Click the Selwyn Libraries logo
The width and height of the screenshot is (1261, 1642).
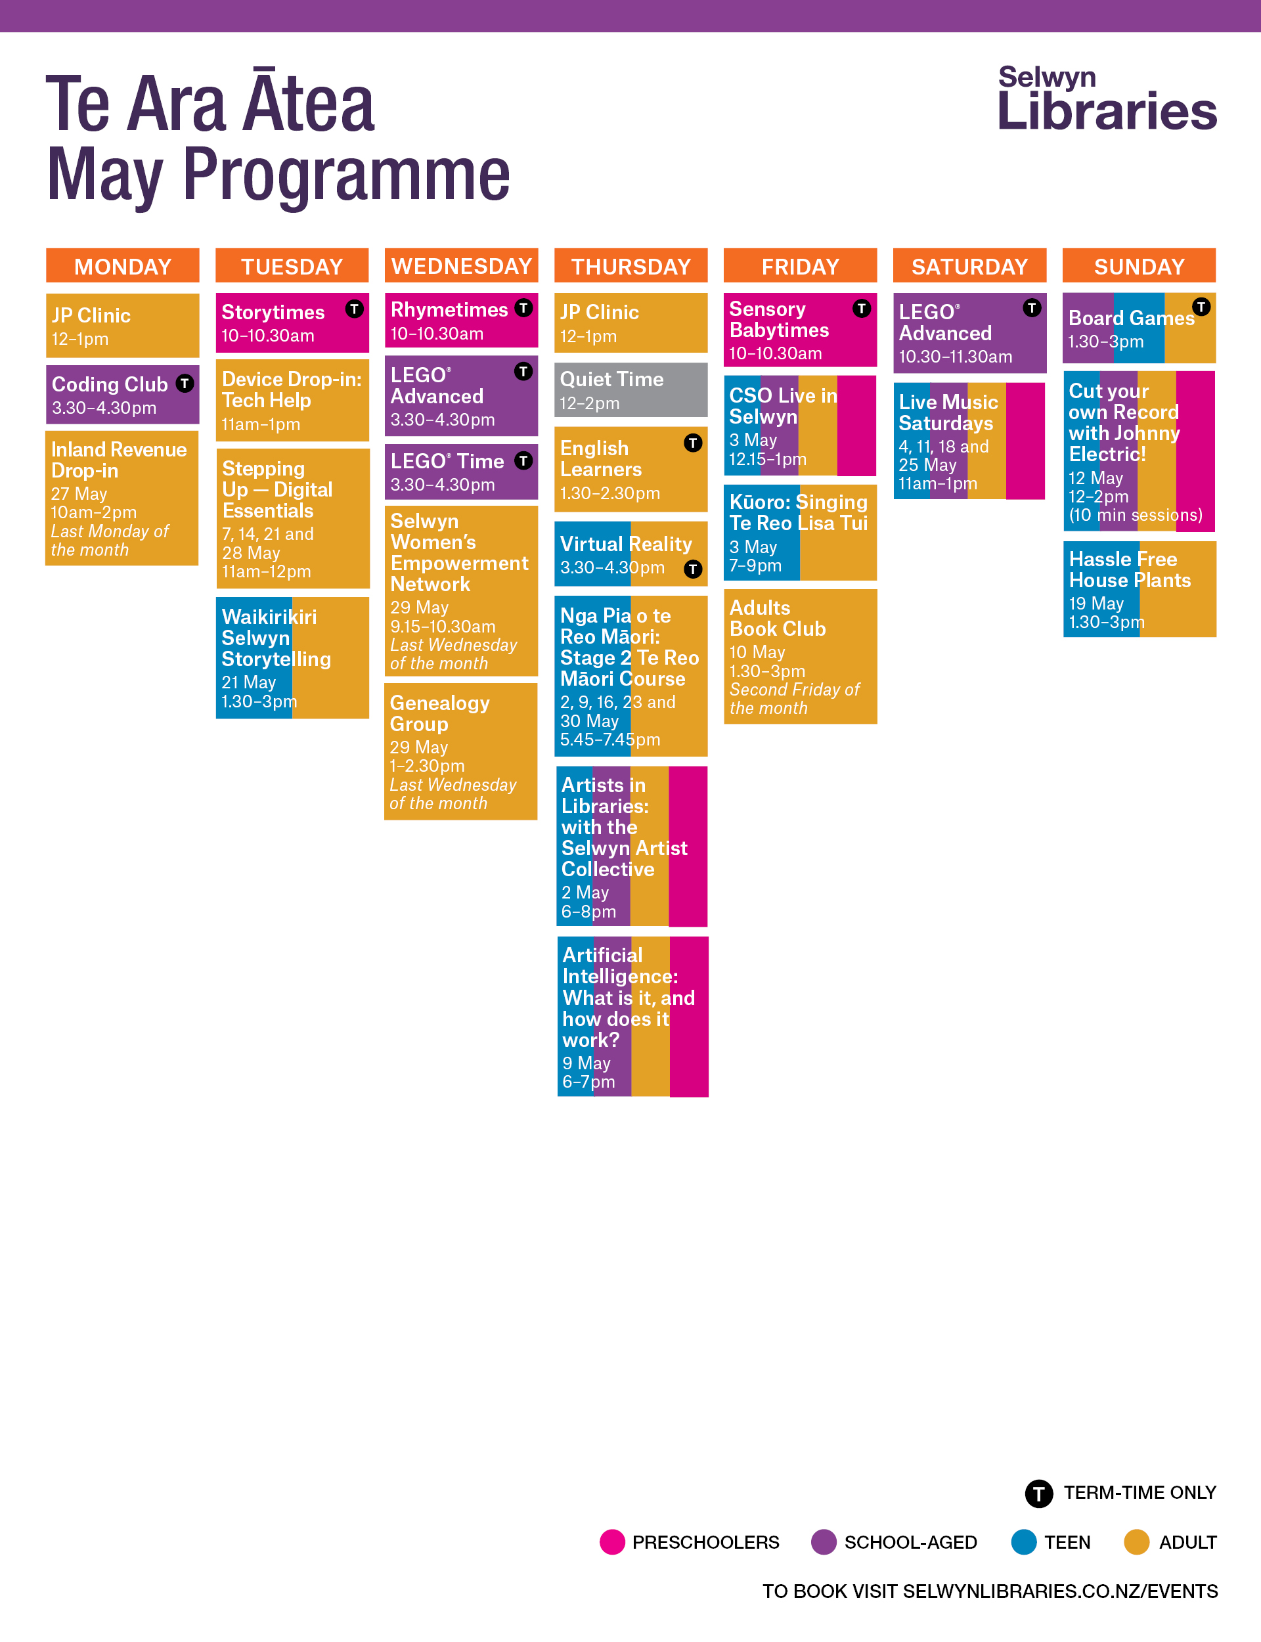[1107, 99]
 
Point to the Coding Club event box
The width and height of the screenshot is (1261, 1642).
[122, 395]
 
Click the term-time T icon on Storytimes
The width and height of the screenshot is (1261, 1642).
[354, 309]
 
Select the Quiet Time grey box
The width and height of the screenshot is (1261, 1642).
[630, 389]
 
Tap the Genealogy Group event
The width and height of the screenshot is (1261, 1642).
[460, 751]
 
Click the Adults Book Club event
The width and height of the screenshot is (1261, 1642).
[799, 656]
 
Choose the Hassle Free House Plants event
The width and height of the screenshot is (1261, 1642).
[1139, 589]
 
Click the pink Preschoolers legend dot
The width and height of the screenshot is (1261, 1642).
[611, 1542]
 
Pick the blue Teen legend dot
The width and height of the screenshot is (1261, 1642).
[1023, 1542]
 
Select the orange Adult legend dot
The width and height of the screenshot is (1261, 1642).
[1136, 1542]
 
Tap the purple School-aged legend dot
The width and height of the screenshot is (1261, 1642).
[824, 1542]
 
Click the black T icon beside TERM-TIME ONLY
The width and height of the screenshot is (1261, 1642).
[1039, 1493]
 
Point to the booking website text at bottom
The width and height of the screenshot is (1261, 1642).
[989, 1591]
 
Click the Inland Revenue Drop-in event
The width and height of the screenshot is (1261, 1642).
[122, 498]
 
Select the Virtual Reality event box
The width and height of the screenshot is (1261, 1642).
[630, 554]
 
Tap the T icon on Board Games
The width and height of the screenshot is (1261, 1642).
[1201, 306]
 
